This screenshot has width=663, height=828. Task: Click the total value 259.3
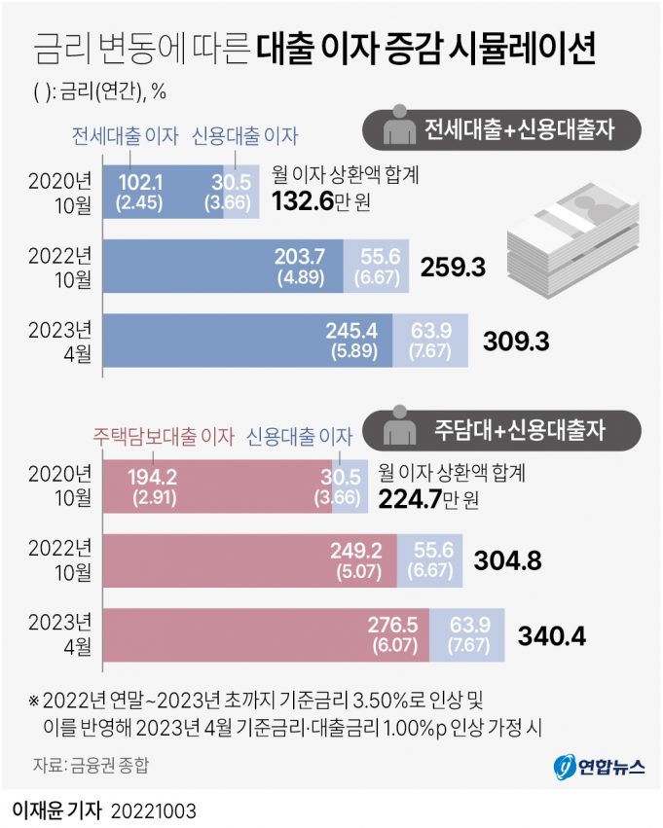point(453,266)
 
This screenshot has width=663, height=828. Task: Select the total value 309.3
point(516,341)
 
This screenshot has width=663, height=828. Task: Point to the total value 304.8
point(507,560)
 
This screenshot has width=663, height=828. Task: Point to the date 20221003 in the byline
point(160,810)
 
